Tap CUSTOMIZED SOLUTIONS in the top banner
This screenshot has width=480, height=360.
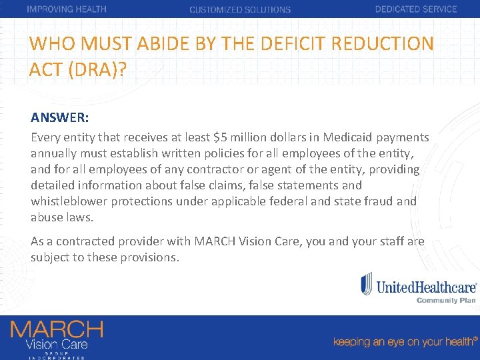coord(240,10)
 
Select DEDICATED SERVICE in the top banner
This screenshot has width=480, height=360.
coord(416,9)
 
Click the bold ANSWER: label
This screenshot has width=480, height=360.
coord(60,118)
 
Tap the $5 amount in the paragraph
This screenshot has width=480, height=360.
coord(221,137)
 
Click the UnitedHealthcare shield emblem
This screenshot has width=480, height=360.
coord(367,283)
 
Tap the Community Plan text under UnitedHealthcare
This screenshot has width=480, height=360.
coord(446,300)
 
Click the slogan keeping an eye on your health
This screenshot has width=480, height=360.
coord(404,341)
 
